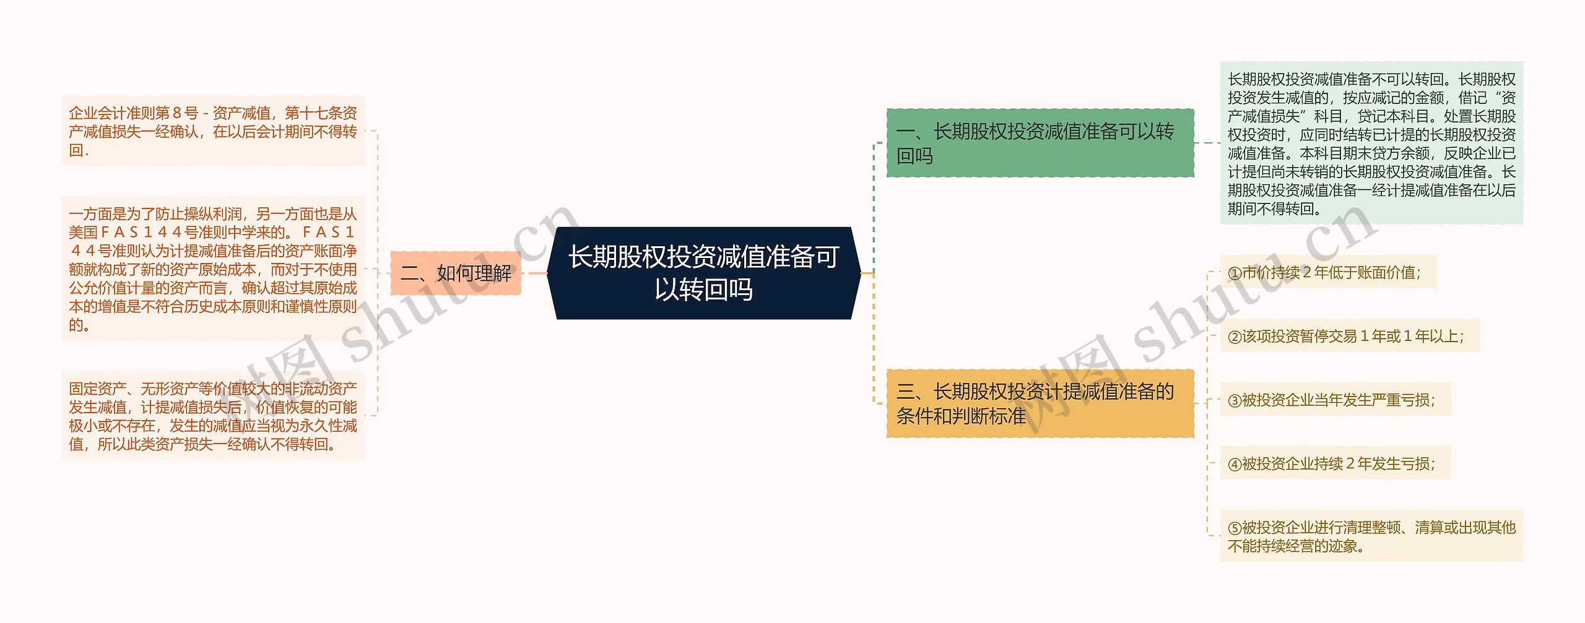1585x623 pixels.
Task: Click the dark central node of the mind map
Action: (x=703, y=273)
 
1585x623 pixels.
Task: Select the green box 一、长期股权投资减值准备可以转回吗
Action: (x=1040, y=143)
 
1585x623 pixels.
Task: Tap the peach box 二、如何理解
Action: (x=456, y=273)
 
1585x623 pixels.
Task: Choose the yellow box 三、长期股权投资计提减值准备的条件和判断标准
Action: (x=1040, y=403)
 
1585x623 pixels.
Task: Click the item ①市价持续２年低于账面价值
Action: (x=1327, y=272)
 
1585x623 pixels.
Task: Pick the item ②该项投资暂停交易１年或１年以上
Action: (x=1349, y=336)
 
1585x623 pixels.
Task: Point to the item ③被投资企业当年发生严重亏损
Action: (x=1335, y=400)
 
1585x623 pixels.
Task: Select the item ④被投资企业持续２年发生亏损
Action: (x=1335, y=464)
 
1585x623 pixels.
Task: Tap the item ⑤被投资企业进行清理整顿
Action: (x=1371, y=536)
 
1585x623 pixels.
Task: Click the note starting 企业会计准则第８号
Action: (x=212, y=131)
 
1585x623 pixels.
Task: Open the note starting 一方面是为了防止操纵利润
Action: (x=212, y=269)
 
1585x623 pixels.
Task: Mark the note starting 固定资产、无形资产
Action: (x=212, y=416)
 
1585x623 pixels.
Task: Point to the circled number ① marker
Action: (x=1235, y=273)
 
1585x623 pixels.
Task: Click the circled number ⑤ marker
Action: (x=1235, y=528)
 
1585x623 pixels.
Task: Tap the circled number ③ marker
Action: (x=1235, y=401)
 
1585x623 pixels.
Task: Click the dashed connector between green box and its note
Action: (x=1207, y=143)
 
